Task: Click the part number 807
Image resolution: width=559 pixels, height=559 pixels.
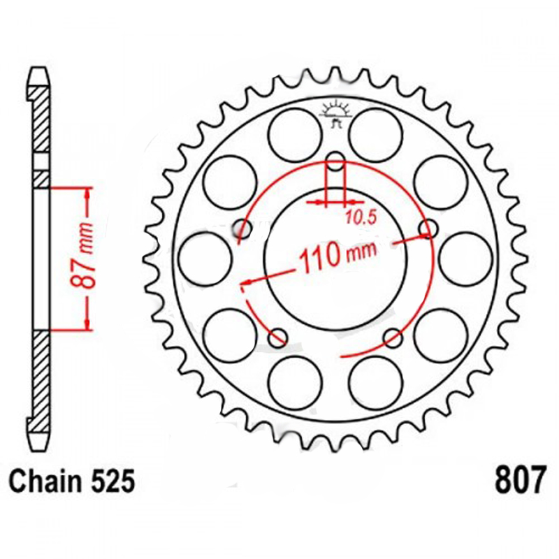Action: tap(520, 479)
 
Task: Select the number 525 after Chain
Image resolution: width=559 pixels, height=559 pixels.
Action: tap(114, 480)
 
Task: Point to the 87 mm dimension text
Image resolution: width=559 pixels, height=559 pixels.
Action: tap(84, 255)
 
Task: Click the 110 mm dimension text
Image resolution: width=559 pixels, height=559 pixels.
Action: tap(337, 254)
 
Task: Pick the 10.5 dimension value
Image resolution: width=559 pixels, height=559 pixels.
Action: tap(361, 217)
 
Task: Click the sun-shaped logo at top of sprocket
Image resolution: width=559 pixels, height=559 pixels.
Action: tap(335, 113)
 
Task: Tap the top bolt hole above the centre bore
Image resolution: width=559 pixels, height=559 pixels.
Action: tap(335, 161)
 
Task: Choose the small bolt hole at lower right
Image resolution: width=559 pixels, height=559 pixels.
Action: tap(393, 337)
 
